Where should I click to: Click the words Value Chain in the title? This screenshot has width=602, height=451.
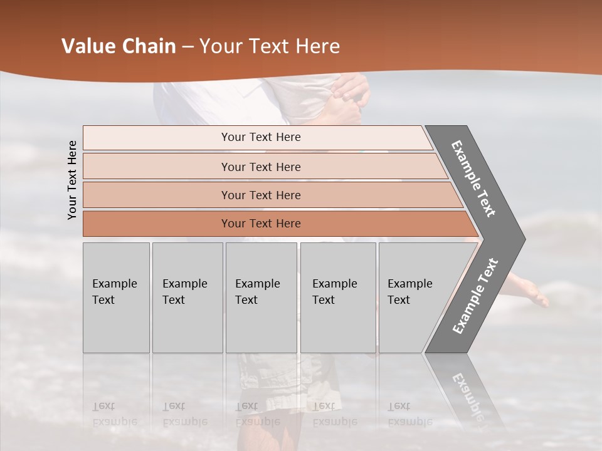coord(119,46)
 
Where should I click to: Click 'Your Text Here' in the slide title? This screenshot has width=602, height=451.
coord(269,46)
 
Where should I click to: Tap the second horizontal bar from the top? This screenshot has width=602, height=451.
coord(261,167)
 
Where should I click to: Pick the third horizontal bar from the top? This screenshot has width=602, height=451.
coord(261,195)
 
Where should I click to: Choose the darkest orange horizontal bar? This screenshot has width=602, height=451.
coord(261,224)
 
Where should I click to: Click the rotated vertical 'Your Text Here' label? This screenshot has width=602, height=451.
coord(72,180)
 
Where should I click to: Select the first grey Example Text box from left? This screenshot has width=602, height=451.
coord(116,298)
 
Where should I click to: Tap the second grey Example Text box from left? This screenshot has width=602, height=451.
coord(187,298)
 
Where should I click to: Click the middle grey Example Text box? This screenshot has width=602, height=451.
coord(261,298)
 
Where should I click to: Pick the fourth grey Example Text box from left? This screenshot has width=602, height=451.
coord(337,298)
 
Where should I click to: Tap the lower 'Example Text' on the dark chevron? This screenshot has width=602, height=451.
coord(475,296)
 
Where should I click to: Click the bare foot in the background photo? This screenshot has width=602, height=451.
coord(527,291)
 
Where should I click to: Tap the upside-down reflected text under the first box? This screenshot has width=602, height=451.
coord(115,414)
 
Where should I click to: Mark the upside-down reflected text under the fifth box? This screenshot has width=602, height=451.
coord(410,414)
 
